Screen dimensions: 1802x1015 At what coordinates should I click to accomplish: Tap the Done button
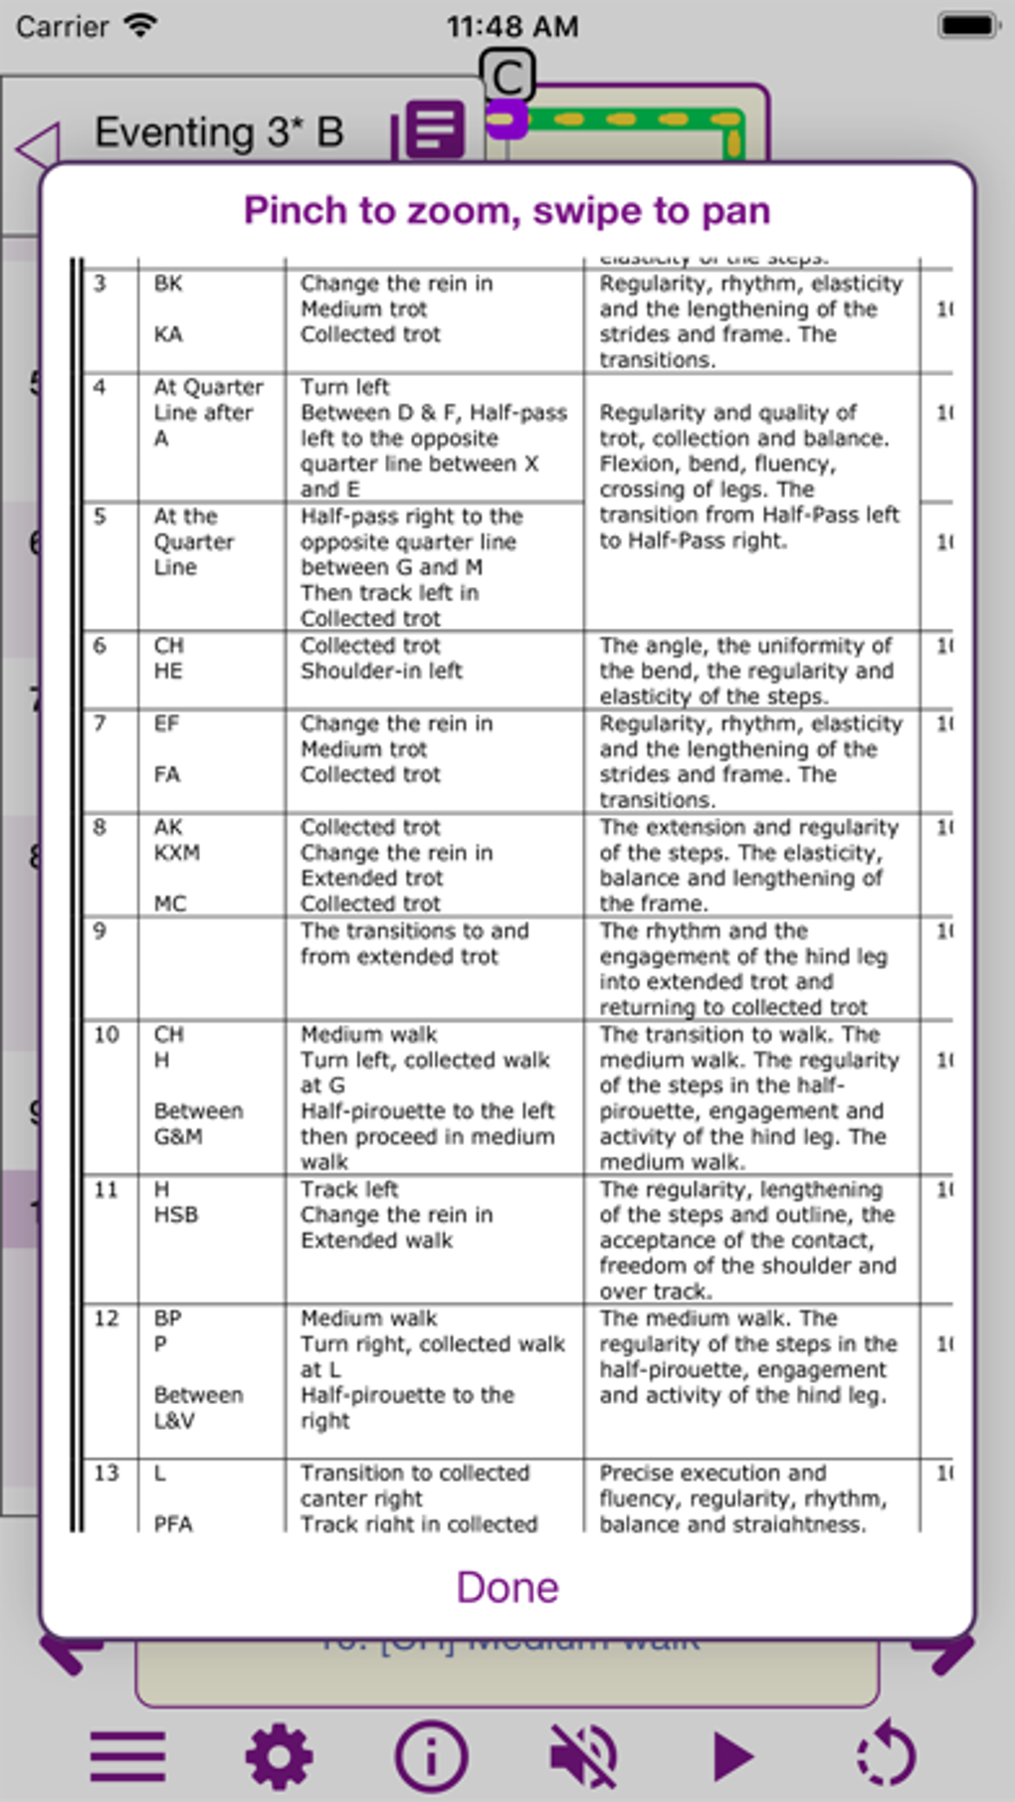[507, 1587]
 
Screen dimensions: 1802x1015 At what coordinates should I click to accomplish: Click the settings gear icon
[279, 1756]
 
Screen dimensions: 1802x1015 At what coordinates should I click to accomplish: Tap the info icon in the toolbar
[431, 1756]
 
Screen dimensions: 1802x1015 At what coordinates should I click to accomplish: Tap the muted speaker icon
[583, 1756]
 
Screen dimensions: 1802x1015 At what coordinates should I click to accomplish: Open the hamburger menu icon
[127, 1756]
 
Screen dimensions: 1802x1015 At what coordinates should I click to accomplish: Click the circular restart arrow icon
[886, 1756]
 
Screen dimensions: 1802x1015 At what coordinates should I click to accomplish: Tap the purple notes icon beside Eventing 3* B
[435, 129]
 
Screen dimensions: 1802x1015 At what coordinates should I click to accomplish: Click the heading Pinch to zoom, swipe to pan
[507, 211]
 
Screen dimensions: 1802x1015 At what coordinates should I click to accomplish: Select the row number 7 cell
[100, 723]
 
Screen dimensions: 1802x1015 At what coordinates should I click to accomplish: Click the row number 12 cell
[106, 1318]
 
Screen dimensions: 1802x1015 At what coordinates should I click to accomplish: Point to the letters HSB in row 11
[176, 1215]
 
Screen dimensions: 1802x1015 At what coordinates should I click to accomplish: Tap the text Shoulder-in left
[381, 672]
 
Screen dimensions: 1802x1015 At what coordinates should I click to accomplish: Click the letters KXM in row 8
[177, 853]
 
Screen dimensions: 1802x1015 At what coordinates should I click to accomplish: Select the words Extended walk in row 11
[376, 1241]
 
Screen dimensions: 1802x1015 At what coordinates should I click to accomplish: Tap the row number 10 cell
[106, 1035]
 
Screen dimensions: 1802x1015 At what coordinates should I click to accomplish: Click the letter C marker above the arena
[507, 76]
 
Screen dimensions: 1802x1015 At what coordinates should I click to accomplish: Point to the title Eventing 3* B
[219, 132]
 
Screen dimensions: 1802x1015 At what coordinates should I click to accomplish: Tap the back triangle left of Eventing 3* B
[40, 147]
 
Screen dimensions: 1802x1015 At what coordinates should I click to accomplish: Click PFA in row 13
[173, 1523]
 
